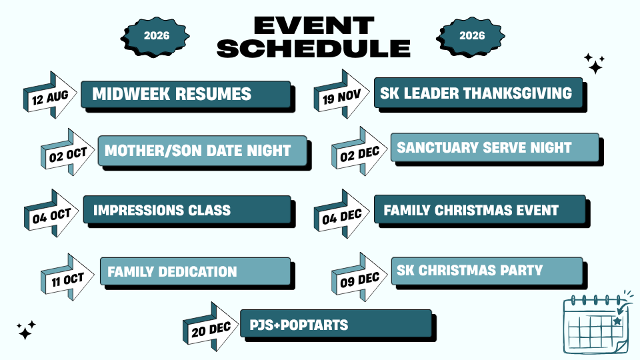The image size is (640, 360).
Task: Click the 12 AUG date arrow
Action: tap(50, 95)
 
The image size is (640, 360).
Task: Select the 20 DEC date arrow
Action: tap(210, 327)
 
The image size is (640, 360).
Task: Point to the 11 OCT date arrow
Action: tap(67, 277)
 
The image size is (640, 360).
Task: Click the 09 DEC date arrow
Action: tap(359, 277)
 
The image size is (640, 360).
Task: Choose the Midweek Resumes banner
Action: tap(188, 96)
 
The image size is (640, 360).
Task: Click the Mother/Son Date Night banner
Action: tap(205, 153)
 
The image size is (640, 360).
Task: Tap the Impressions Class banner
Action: tap(189, 211)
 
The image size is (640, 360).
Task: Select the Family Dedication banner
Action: tap(197, 273)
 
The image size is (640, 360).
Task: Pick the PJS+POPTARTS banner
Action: tap(338, 325)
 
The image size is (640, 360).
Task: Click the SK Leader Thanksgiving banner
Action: tap(481, 95)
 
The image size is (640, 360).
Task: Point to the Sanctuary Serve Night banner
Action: tap(497, 149)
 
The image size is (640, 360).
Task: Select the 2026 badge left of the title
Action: tap(155, 37)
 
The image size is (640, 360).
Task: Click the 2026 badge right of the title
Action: tap(471, 37)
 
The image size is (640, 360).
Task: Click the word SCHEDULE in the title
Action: tap(313, 49)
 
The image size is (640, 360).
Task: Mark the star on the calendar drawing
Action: tap(617, 321)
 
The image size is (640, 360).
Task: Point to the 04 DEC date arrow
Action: tap(341, 215)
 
